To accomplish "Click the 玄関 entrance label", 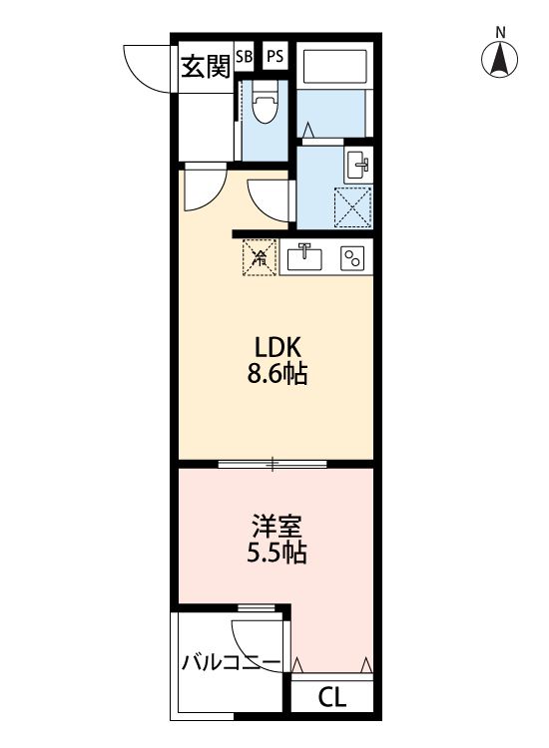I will pyautogui.click(x=206, y=66).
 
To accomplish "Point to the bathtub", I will pyautogui.click(x=336, y=67).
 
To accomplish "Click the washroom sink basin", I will pyautogui.click(x=357, y=165).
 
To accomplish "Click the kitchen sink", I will pyautogui.click(x=304, y=258).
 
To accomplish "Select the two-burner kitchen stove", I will pyautogui.click(x=351, y=258).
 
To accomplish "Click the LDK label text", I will pyautogui.click(x=277, y=348).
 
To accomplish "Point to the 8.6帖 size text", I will pyautogui.click(x=277, y=376).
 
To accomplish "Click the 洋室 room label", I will pyautogui.click(x=276, y=525).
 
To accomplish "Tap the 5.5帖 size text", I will pyautogui.click(x=276, y=553).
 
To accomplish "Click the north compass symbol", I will pyautogui.click(x=500, y=61).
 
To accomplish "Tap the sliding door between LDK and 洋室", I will pyautogui.click(x=272, y=463).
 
